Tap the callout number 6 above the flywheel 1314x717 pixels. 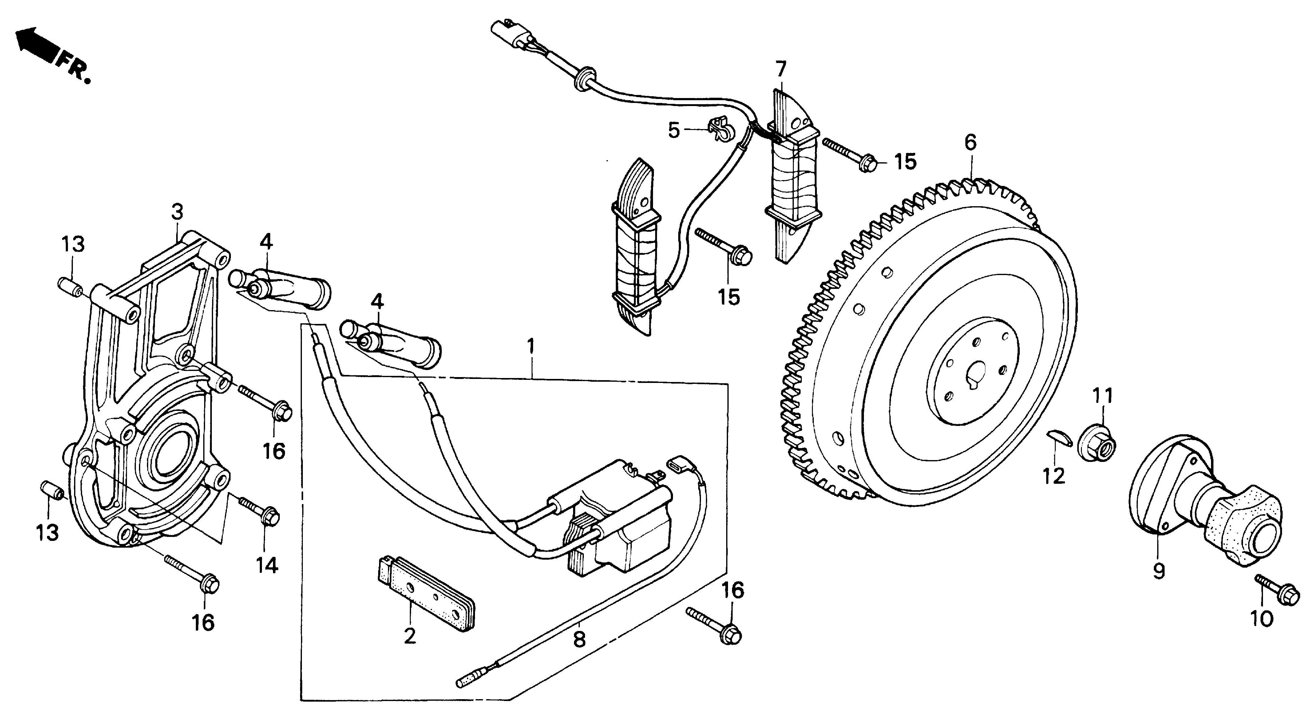tap(970, 142)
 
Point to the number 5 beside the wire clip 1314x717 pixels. tap(674, 131)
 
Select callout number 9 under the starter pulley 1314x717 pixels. tap(1159, 571)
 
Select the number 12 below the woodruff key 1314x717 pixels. tap(1054, 476)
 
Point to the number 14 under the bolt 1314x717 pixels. tap(267, 565)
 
